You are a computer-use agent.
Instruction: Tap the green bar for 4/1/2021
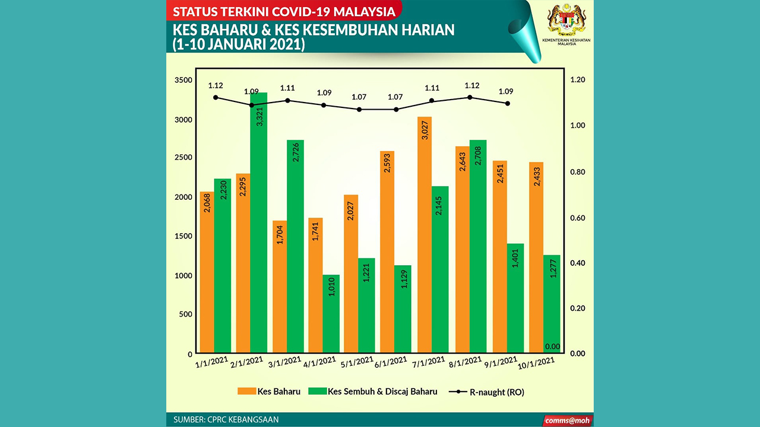331,314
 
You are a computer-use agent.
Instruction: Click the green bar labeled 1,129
403,309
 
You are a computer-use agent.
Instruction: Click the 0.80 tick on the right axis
577,172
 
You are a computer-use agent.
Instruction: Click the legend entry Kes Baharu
270,391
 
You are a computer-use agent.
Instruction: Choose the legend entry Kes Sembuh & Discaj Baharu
375,391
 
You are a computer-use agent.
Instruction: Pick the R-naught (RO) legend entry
487,392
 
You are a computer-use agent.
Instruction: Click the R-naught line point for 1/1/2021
216,97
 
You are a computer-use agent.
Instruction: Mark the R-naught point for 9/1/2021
507,103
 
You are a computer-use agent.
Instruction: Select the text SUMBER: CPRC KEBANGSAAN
226,420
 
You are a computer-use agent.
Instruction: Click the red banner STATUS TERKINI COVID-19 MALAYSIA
284,11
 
